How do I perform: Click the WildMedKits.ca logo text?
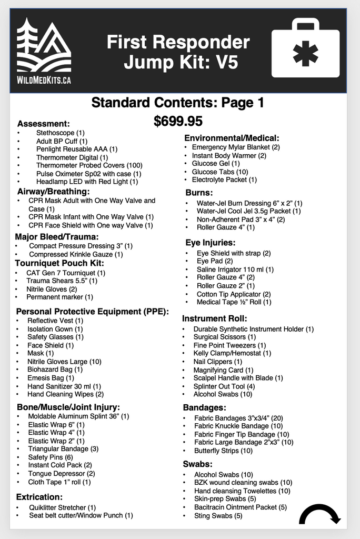click(x=44, y=80)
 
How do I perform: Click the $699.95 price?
click(x=178, y=122)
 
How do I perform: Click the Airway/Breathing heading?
click(x=53, y=191)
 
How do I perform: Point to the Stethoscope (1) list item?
click(x=60, y=133)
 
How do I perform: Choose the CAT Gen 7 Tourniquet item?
click(x=66, y=273)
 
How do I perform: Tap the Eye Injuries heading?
click(x=210, y=243)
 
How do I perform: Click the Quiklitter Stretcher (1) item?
click(x=62, y=507)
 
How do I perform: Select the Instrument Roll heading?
click(x=214, y=318)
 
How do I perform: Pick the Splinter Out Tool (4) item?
click(x=224, y=386)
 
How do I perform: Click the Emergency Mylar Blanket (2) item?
click(x=235, y=147)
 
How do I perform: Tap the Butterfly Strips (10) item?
click(x=223, y=451)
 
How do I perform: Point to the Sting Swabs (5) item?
click(x=218, y=515)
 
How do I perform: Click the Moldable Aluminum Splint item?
click(x=78, y=416)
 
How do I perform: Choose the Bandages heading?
click(x=205, y=407)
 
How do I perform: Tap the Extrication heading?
click(x=39, y=496)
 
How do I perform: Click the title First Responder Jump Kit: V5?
click(x=178, y=52)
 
